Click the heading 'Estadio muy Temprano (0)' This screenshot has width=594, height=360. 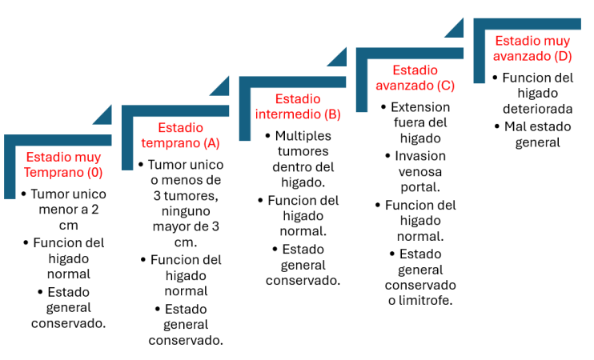click(x=63, y=164)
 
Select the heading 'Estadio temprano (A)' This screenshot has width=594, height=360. click(x=180, y=135)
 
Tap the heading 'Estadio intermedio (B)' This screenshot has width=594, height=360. click(x=298, y=106)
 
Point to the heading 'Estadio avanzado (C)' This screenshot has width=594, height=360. click(x=415, y=78)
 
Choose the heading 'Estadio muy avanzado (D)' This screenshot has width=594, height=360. click(x=532, y=48)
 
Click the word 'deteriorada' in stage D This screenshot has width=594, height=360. click(x=537, y=109)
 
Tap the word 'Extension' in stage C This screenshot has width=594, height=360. click(x=420, y=107)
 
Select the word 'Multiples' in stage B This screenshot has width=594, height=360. click(x=303, y=136)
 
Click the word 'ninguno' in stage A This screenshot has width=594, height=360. click(x=186, y=211)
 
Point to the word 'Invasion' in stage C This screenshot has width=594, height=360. click(x=420, y=156)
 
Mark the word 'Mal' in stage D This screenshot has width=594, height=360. click(x=514, y=126)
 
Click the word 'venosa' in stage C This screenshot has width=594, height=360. click(x=420, y=172)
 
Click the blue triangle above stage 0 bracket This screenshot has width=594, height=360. click(x=102, y=114)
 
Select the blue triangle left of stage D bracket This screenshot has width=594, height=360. click(x=454, y=28)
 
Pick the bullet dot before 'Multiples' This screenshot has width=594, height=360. click(x=268, y=136)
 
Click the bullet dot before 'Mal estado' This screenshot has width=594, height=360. click(x=497, y=126)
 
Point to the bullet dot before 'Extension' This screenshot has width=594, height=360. click(x=383, y=107)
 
